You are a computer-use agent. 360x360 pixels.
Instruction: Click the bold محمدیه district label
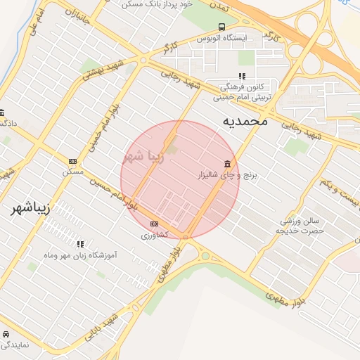[x=245, y=121]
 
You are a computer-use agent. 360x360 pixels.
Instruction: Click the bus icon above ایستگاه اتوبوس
[x=222, y=27]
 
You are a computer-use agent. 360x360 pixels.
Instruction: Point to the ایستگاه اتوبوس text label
[x=222, y=37]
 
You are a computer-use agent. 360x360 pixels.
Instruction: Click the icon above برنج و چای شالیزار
[x=226, y=164]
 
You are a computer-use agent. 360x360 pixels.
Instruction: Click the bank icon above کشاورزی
[x=155, y=224]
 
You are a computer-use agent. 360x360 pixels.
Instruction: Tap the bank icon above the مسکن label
[x=72, y=161]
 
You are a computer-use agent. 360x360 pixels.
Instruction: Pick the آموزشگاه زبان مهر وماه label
[x=79, y=255]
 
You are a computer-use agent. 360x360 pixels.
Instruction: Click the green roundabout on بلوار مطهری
[x=205, y=256]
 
